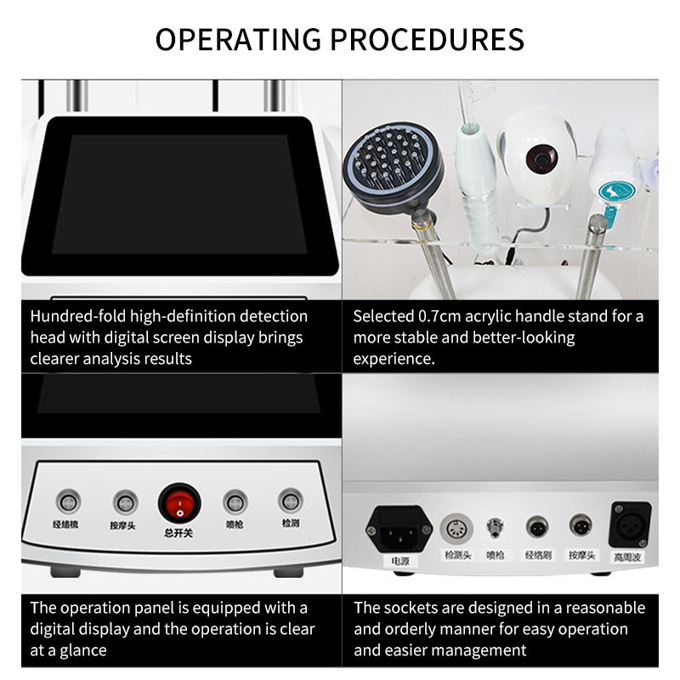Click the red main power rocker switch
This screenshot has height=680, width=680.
coord(178,503)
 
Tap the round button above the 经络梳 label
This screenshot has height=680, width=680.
coord(67,501)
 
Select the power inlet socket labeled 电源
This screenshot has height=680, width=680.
coord(399,528)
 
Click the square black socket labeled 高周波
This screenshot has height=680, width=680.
coord(630,524)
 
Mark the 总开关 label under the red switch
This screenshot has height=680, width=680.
coord(178,533)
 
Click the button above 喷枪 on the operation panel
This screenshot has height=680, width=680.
coord(234,501)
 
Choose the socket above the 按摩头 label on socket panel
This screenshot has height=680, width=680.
coord(581,525)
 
